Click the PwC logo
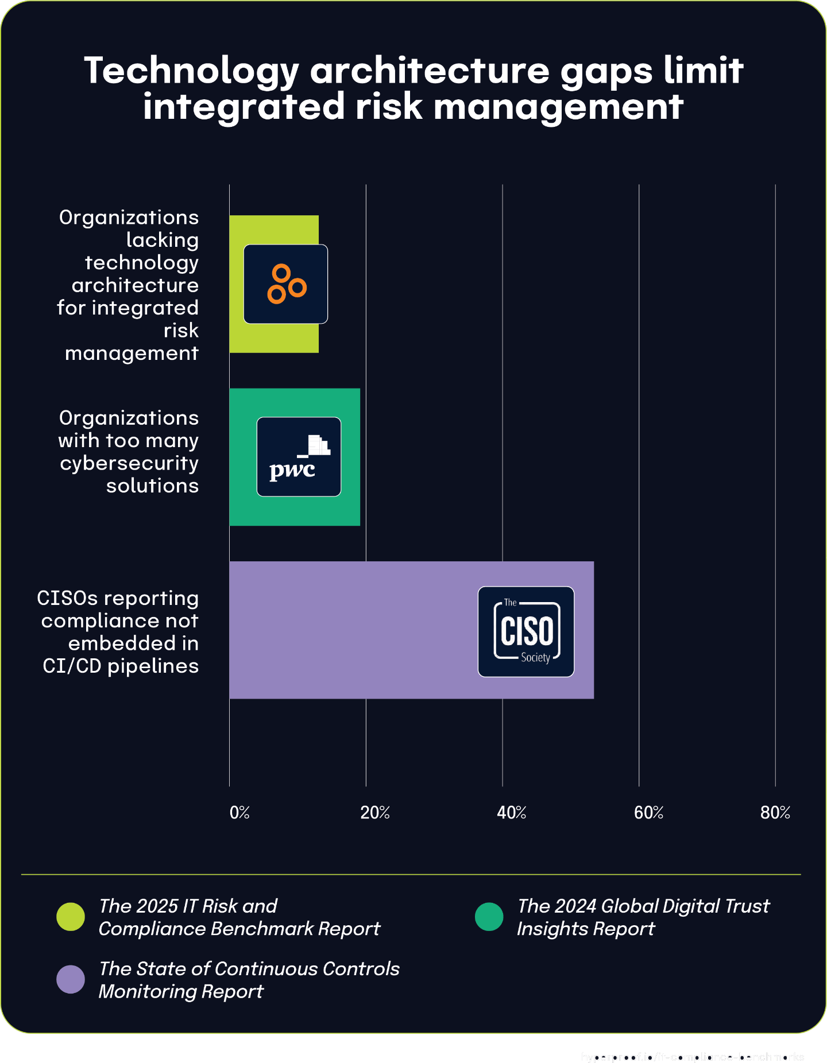click(x=299, y=457)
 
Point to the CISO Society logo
click(x=526, y=631)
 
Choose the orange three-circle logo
click(x=286, y=284)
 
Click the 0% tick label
click(x=239, y=813)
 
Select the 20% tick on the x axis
click(x=375, y=813)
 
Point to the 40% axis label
click(x=512, y=813)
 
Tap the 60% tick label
click(x=648, y=813)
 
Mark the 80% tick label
click(x=775, y=813)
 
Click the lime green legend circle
click(x=71, y=917)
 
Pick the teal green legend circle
click(x=489, y=917)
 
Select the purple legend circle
click(x=71, y=979)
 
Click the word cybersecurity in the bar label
click(x=129, y=463)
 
